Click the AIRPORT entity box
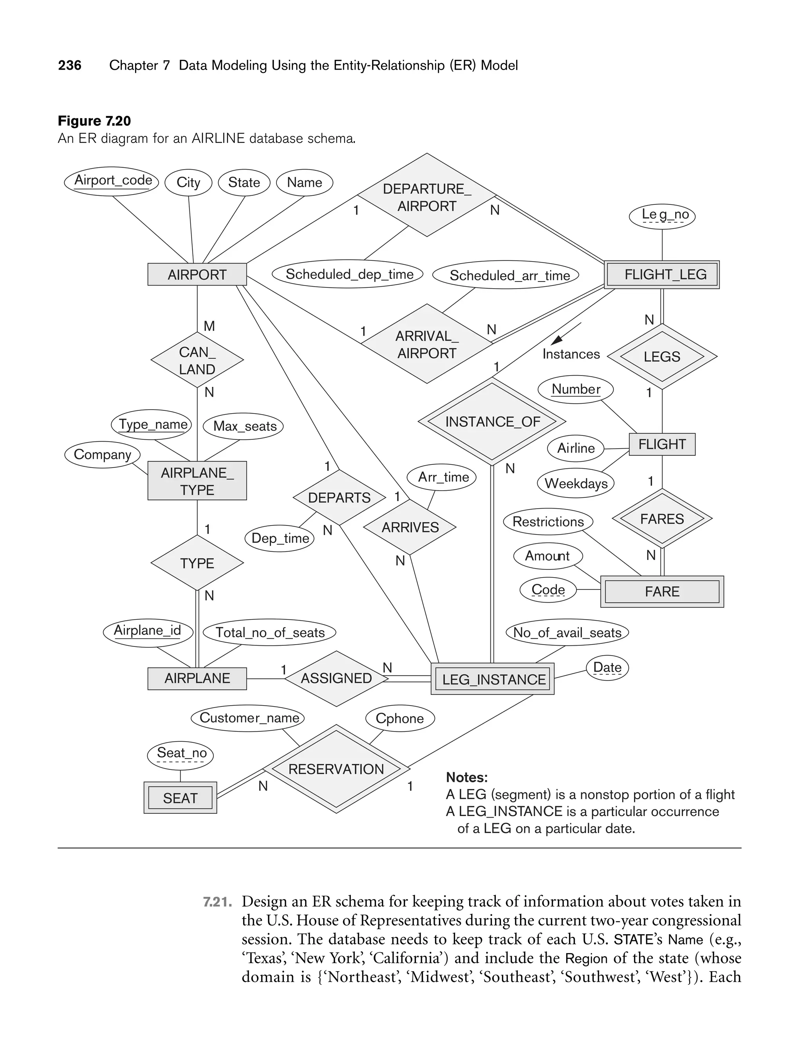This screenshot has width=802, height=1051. tap(197, 274)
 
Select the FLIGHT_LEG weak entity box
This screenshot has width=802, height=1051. tap(662, 274)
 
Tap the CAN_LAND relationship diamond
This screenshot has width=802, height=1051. tap(197, 360)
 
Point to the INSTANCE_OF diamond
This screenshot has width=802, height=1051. tap(492, 422)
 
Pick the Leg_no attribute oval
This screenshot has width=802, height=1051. tap(662, 215)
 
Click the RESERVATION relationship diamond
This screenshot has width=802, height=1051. tap(336, 769)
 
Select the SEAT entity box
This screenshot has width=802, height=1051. tap(181, 798)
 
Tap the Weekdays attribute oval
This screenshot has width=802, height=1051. tap(576, 484)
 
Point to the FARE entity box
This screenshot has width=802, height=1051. tap(662, 592)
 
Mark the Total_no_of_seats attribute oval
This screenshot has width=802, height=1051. tap(270, 632)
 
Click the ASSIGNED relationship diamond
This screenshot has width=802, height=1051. tap(336, 678)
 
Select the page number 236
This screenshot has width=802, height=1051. tap(70, 65)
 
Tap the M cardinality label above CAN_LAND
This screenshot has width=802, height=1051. tap(209, 326)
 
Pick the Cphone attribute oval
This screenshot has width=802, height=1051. tap(399, 718)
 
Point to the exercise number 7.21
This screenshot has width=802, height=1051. tap(218, 901)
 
